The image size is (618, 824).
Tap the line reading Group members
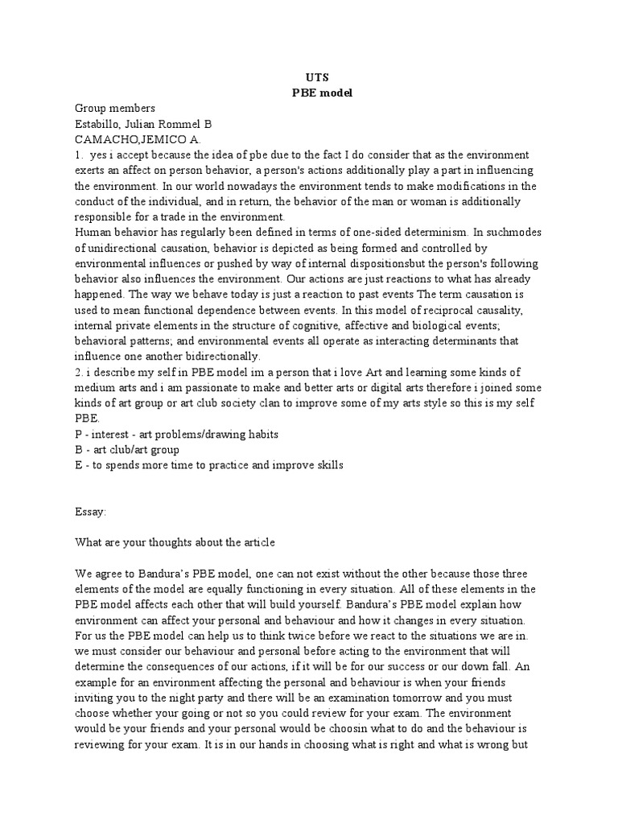pyautogui.click(x=115, y=108)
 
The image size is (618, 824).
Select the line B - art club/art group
pyautogui.click(x=128, y=449)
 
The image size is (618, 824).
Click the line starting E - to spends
pyautogui.click(x=209, y=465)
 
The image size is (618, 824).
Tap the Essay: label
pyautogui.click(x=91, y=510)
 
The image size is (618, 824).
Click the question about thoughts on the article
pyautogui.click(x=175, y=542)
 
